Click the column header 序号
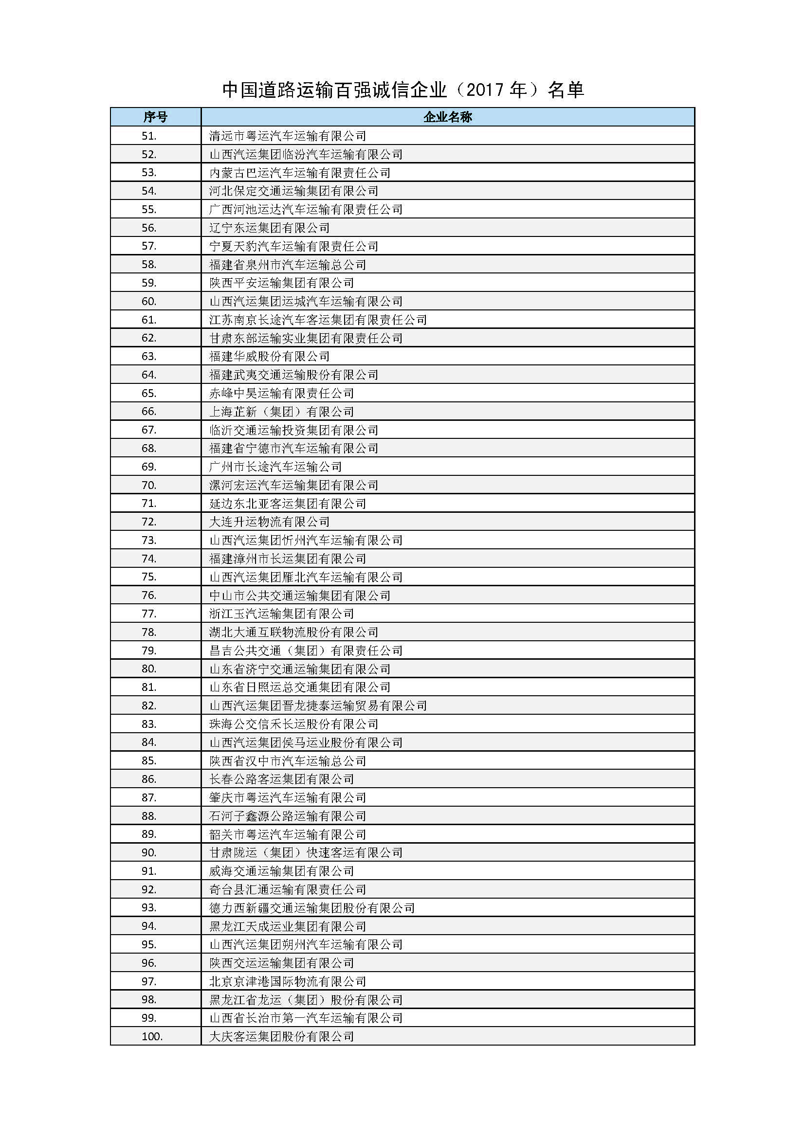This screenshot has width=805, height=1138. click(155, 117)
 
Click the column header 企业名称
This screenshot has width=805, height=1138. click(448, 117)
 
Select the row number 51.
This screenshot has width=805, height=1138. click(149, 136)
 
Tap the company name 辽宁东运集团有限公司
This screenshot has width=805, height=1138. click(269, 228)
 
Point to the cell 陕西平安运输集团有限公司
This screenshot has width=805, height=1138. click(281, 283)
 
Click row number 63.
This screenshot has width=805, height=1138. click(149, 356)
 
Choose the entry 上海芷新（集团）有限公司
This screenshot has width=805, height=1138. click(281, 412)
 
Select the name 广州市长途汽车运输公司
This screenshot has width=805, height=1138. click(275, 467)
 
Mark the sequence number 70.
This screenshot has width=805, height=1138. click(149, 485)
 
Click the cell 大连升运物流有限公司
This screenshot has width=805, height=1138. click(269, 522)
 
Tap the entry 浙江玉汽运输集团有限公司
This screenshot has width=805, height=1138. click(281, 614)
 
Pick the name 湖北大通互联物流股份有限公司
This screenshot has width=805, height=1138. click(293, 632)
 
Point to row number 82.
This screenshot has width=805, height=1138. click(149, 706)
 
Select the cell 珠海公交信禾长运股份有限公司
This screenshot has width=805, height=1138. click(293, 724)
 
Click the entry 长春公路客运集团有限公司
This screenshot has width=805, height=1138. click(281, 779)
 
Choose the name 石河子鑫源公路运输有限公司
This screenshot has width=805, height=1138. click(288, 816)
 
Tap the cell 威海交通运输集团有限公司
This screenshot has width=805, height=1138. click(281, 871)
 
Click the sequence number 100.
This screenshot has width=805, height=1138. click(152, 1036)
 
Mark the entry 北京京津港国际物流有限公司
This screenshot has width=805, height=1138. click(288, 981)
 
